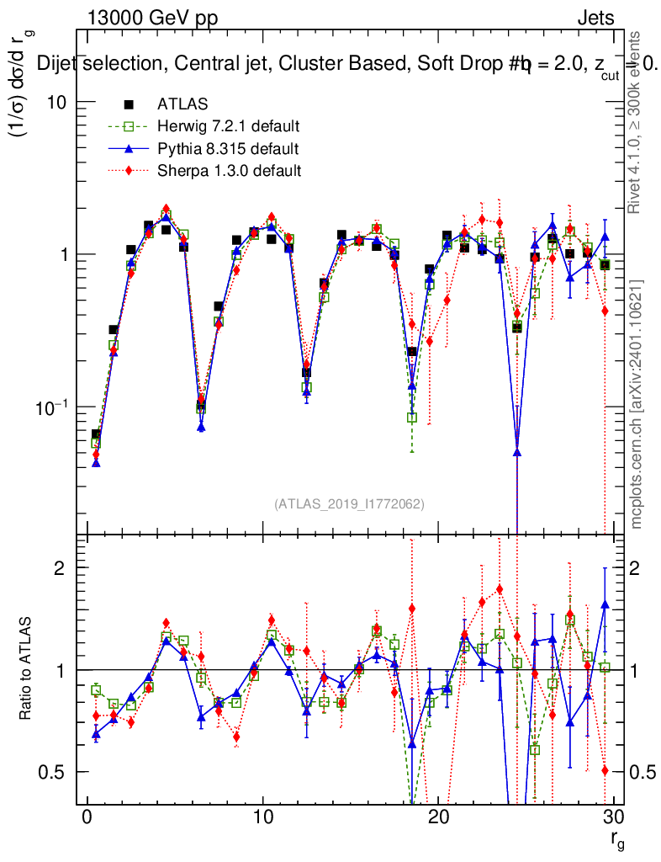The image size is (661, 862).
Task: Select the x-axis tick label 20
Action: (438, 819)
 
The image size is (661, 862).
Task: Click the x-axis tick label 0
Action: (87, 819)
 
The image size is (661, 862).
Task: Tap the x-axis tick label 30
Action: (613, 819)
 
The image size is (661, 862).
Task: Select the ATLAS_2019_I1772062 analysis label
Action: (349, 504)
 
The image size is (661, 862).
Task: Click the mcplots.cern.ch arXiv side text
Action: (638, 404)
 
